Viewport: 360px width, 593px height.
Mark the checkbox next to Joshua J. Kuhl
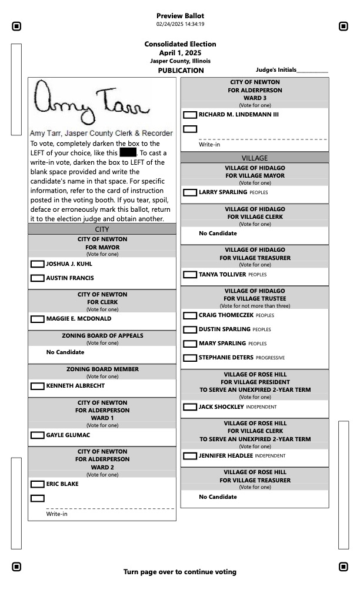point(37,264)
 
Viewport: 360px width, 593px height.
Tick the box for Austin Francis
point(37,278)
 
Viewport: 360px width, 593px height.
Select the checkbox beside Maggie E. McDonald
point(37,319)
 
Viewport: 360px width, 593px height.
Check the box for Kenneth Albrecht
point(37,386)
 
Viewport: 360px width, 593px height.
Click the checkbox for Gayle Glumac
point(37,435)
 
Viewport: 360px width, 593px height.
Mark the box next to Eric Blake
point(37,484)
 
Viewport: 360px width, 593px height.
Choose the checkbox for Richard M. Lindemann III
point(190,115)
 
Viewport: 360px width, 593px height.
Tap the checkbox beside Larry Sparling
point(190,192)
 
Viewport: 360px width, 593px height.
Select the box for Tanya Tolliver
point(190,274)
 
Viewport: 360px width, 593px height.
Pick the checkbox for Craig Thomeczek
point(190,315)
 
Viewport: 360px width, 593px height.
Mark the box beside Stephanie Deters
point(190,358)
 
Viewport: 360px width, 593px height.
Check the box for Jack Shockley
point(190,407)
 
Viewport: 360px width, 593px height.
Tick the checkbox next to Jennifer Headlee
point(190,456)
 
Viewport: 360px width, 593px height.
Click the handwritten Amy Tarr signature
point(91,102)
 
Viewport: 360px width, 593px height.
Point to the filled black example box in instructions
point(128,153)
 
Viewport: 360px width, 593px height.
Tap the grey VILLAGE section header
point(254,158)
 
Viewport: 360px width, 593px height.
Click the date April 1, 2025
point(180,53)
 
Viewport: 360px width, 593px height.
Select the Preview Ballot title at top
point(180,16)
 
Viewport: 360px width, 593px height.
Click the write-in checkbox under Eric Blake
point(37,498)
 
